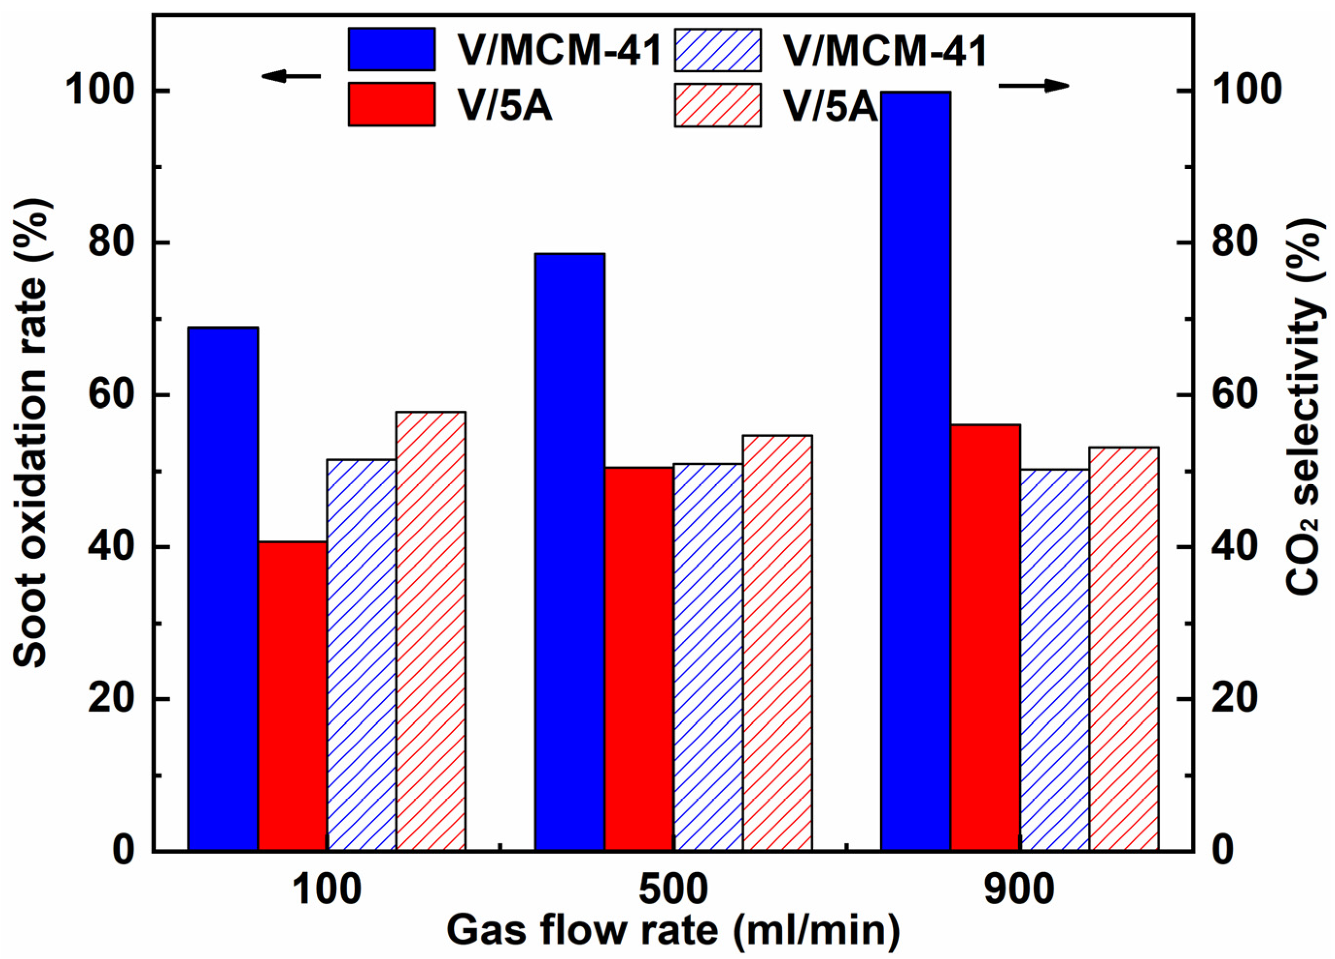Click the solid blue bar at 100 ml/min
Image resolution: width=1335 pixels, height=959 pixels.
point(222,588)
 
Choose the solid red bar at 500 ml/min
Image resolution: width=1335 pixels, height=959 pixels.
point(639,659)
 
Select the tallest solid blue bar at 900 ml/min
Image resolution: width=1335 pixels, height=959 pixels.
point(915,471)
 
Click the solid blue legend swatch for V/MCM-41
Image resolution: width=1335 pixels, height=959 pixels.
point(392,49)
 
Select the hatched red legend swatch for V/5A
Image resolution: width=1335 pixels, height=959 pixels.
point(718,105)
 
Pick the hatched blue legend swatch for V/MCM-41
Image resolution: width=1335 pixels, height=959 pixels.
point(718,50)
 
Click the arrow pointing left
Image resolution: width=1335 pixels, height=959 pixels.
point(291,76)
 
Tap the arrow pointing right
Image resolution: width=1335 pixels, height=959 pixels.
point(1033,86)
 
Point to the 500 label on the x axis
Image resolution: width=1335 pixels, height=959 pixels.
point(673,890)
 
